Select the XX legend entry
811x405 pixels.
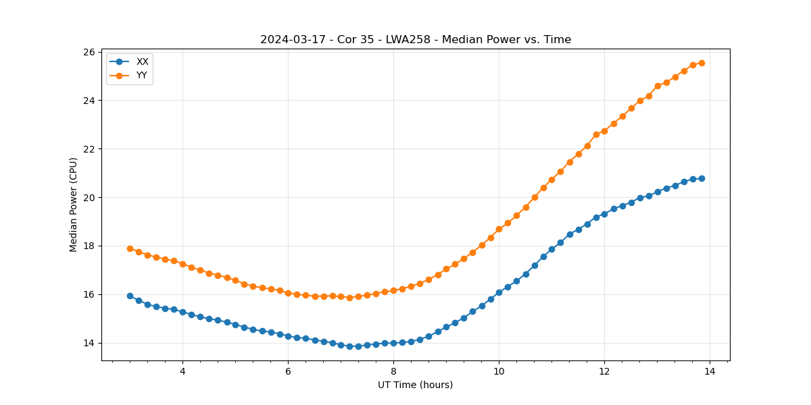pos(142,61)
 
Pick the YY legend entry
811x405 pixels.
pos(142,75)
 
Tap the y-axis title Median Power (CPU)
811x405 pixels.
pos(74,205)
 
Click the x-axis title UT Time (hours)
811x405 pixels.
pos(415,385)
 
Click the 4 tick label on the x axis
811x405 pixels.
pos(182,371)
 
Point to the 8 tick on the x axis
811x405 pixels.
pos(393,371)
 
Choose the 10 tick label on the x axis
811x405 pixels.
pos(499,371)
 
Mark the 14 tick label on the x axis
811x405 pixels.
pos(710,371)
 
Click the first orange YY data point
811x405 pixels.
pos(130,248)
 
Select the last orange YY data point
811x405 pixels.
pos(702,63)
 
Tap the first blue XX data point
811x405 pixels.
pos(130,296)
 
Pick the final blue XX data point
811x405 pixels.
pos(702,178)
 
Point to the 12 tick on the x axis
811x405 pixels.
pos(604,371)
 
